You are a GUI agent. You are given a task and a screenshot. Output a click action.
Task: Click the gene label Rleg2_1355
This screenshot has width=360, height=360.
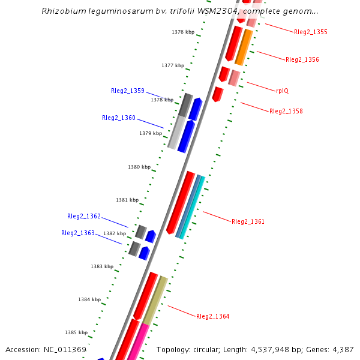[311, 32]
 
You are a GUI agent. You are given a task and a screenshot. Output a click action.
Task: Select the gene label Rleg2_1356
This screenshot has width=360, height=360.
[302, 60]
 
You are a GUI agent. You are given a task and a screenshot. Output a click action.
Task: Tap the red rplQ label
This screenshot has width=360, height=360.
[282, 91]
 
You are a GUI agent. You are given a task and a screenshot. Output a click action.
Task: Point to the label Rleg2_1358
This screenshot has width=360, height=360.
[286, 112]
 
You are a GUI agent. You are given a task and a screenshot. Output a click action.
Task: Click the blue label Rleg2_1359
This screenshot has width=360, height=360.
[128, 91]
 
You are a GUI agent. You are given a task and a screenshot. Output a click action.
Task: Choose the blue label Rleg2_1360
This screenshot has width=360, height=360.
[119, 118]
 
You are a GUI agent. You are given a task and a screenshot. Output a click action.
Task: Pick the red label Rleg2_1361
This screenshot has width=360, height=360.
[248, 222]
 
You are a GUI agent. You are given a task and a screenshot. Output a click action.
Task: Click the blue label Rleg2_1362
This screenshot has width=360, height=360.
[84, 217]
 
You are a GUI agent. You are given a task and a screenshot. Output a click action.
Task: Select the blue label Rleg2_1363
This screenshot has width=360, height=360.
[78, 233]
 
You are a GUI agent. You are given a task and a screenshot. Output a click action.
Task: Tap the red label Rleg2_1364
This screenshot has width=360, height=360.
[213, 317]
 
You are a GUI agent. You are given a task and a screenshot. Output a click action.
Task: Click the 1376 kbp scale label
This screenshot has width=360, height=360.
[183, 32]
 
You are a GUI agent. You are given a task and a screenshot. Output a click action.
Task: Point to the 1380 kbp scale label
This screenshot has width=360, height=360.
[139, 167]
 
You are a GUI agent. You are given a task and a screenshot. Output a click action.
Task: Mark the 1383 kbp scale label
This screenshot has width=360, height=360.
[102, 266]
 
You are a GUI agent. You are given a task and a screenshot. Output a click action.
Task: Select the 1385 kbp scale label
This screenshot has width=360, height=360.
[76, 332]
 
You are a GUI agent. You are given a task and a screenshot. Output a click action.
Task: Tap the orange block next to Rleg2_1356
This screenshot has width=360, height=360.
[243, 47]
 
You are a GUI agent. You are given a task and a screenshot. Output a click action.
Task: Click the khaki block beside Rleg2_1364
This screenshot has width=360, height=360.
[155, 300]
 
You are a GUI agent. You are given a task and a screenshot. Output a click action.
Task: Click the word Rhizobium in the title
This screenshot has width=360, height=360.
[61, 11]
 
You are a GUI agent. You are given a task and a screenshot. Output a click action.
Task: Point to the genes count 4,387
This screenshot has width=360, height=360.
[343, 350]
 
